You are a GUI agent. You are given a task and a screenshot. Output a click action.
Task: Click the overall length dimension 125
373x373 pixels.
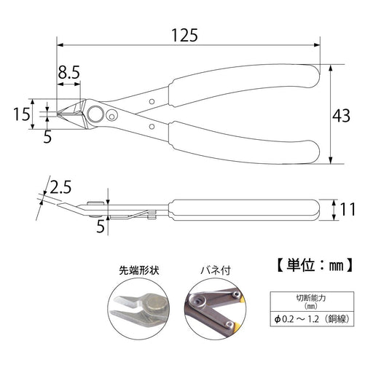click(x=184, y=34)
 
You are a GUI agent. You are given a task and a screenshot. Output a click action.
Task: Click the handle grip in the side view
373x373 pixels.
click(x=244, y=210)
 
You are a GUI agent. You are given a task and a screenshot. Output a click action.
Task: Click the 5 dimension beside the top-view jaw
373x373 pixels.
click(x=47, y=136)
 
